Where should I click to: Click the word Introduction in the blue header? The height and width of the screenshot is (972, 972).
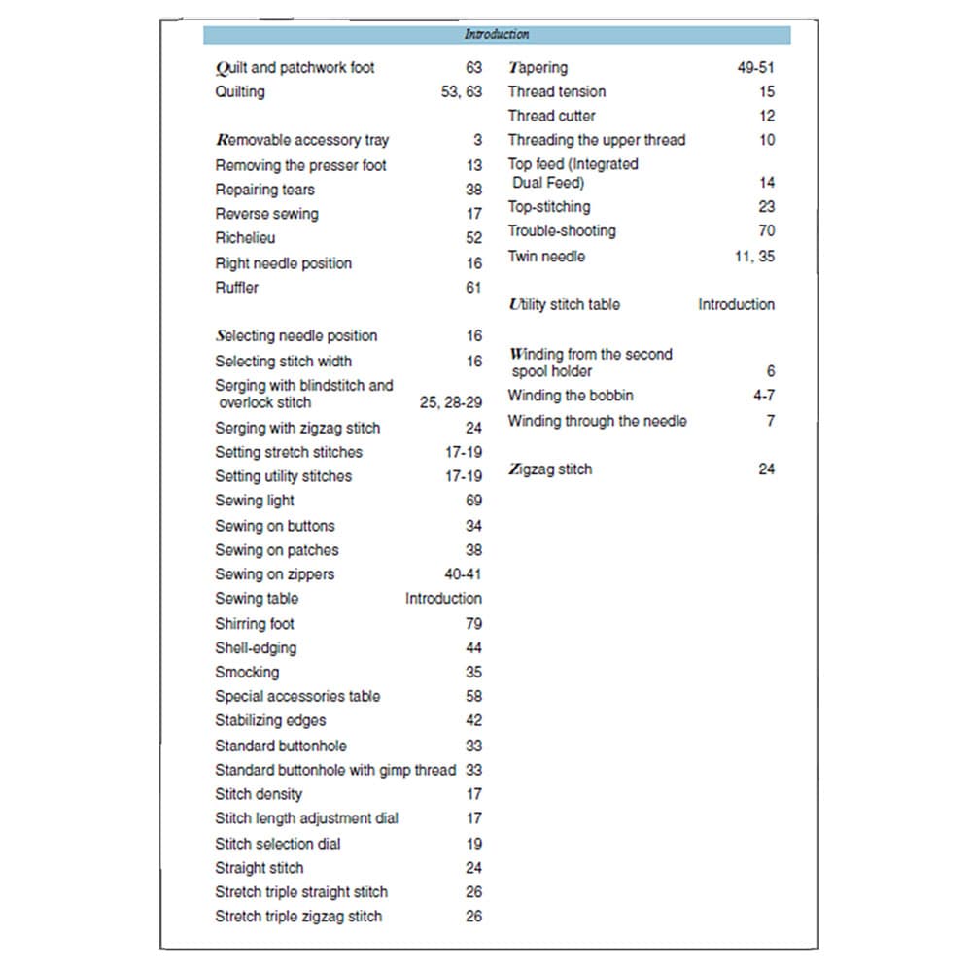point(496,35)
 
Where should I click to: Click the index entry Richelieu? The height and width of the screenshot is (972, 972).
point(245,238)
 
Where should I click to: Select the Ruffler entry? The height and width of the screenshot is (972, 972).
point(237,288)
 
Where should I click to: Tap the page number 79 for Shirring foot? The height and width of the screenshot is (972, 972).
point(473,623)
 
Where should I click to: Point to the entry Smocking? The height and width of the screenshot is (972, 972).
point(247,672)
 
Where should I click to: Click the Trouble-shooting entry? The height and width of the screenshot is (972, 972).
point(562,231)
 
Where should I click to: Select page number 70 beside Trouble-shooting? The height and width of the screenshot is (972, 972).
point(767,231)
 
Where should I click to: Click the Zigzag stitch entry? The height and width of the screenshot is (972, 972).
point(550,469)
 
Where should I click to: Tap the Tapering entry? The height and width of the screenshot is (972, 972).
point(538,68)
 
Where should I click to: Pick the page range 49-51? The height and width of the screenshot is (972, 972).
point(756,68)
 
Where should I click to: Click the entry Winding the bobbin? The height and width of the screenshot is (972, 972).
point(571,396)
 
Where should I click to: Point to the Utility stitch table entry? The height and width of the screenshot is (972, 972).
point(565,305)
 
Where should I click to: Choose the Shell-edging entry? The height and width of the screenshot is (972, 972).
point(256,647)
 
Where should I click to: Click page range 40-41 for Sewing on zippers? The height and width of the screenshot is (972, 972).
point(463,574)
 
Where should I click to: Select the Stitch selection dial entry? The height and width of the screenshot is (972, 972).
point(278,844)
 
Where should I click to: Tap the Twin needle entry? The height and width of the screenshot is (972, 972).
point(546,257)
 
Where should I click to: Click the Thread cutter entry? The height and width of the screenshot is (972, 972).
point(552,116)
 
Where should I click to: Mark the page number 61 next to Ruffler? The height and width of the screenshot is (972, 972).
point(473,288)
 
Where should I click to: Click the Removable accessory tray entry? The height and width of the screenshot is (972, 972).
point(302,140)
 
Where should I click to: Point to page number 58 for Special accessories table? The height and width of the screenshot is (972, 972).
point(473,696)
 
